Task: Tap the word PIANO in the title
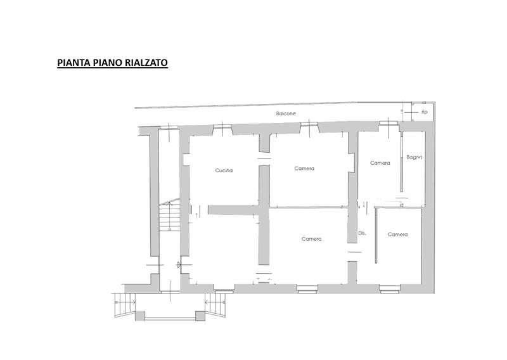click(107, 63)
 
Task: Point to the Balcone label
click(286, 114)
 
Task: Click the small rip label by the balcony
click(424, 112)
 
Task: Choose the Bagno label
click(414, 157)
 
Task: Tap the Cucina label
click(224, 170)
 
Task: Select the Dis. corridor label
click(363, 233)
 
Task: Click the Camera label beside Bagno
click(380, 163)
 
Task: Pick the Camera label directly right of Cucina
click(304, 169)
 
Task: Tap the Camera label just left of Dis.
click(311, 239)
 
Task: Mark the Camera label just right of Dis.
click(397, 235)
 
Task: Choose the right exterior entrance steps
click(219, 307)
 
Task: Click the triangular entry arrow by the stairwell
click(179, 265)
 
